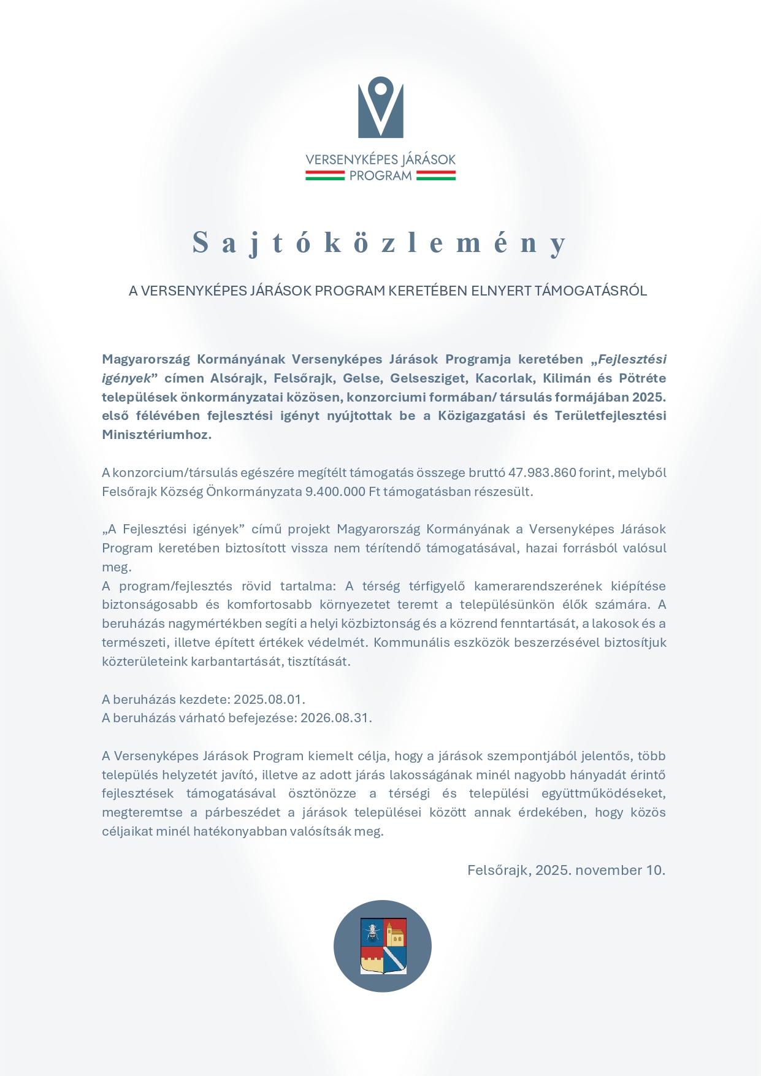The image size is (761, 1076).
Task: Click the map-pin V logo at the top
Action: click(381, 107)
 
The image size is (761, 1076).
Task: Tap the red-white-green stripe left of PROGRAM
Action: click(325, 175)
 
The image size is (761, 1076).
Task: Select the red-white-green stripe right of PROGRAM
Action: click(435, 175)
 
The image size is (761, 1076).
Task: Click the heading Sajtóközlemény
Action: click(380, 242)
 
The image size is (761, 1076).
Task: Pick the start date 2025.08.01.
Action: click(269, 700)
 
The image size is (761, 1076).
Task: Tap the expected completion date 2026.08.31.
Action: click(335, 718)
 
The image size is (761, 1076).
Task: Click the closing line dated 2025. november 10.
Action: click(566, 870)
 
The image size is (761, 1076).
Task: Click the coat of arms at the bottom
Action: click(383, 946)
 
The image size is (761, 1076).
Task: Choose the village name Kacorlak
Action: click(504, 378)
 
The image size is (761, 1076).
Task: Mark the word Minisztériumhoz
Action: click(156, 435)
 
